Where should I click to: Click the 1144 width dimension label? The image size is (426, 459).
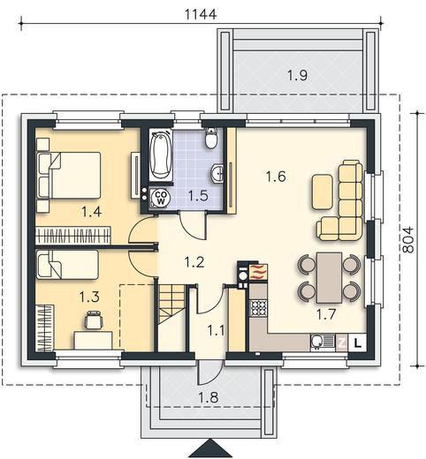tap(201, 14)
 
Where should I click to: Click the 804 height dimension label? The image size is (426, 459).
tap(408, 239)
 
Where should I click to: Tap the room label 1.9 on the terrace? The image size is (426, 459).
tap(297, 75)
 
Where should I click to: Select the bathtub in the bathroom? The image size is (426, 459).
tap(160, 154)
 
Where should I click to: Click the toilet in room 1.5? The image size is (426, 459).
tap(211, 138)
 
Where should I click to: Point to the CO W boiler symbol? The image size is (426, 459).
tap(160, 198)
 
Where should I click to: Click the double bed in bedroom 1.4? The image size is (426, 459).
tap(69, 176)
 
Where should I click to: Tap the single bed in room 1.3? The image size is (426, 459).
tap(67, 264)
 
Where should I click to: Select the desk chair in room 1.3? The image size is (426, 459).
tap(94, 320)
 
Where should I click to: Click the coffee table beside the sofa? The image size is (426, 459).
tap(323, 192)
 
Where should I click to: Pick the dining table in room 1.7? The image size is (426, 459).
tap(329, 277)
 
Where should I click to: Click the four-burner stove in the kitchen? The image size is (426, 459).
tap(258, 308)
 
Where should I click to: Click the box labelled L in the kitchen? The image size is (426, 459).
tap(357, 342)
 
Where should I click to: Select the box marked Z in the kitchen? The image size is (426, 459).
tap(341, 342)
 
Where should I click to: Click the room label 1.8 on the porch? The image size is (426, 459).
tap(208, 398)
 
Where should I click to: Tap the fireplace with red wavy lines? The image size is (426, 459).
tap(258, 272)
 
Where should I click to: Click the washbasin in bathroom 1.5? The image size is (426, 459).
tap(217, 173)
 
